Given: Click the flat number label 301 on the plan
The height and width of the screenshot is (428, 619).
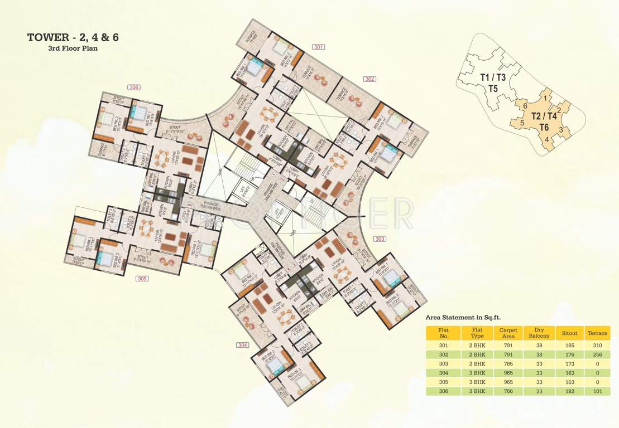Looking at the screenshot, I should coord(319,47).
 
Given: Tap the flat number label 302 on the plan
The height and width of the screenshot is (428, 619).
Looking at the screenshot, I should coord(370,79).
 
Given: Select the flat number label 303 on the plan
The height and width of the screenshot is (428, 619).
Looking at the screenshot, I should coord(380,239).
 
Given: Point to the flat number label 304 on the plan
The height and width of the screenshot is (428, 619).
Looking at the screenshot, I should coord(242,345).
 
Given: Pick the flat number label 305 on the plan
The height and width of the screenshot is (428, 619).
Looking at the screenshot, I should coord(142,278).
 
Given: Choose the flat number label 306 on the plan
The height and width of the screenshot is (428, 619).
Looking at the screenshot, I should coord(133,87).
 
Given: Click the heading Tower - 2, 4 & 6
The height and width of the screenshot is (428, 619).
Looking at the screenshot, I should coord(73,37).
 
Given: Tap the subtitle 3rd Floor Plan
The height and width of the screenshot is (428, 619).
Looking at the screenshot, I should coord(73,48).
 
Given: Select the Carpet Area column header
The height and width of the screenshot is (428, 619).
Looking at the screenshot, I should coord(508,333).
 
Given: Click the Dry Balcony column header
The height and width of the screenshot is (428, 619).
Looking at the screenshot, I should coord(539,333).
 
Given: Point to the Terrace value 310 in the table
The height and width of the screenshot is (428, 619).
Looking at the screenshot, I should coord(597,346).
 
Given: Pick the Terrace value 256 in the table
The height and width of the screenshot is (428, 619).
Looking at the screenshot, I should coord(597,355).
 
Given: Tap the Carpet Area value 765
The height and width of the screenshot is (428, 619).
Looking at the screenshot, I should coord(508,364).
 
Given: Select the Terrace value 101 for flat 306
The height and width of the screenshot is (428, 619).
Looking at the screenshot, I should coord(597,392).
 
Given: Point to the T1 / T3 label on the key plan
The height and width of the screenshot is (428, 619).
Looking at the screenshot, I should coord(493,77).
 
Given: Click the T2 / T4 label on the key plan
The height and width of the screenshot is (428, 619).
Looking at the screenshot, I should coord(543,116).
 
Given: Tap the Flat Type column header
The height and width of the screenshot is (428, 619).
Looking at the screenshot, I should coord(477,333).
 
